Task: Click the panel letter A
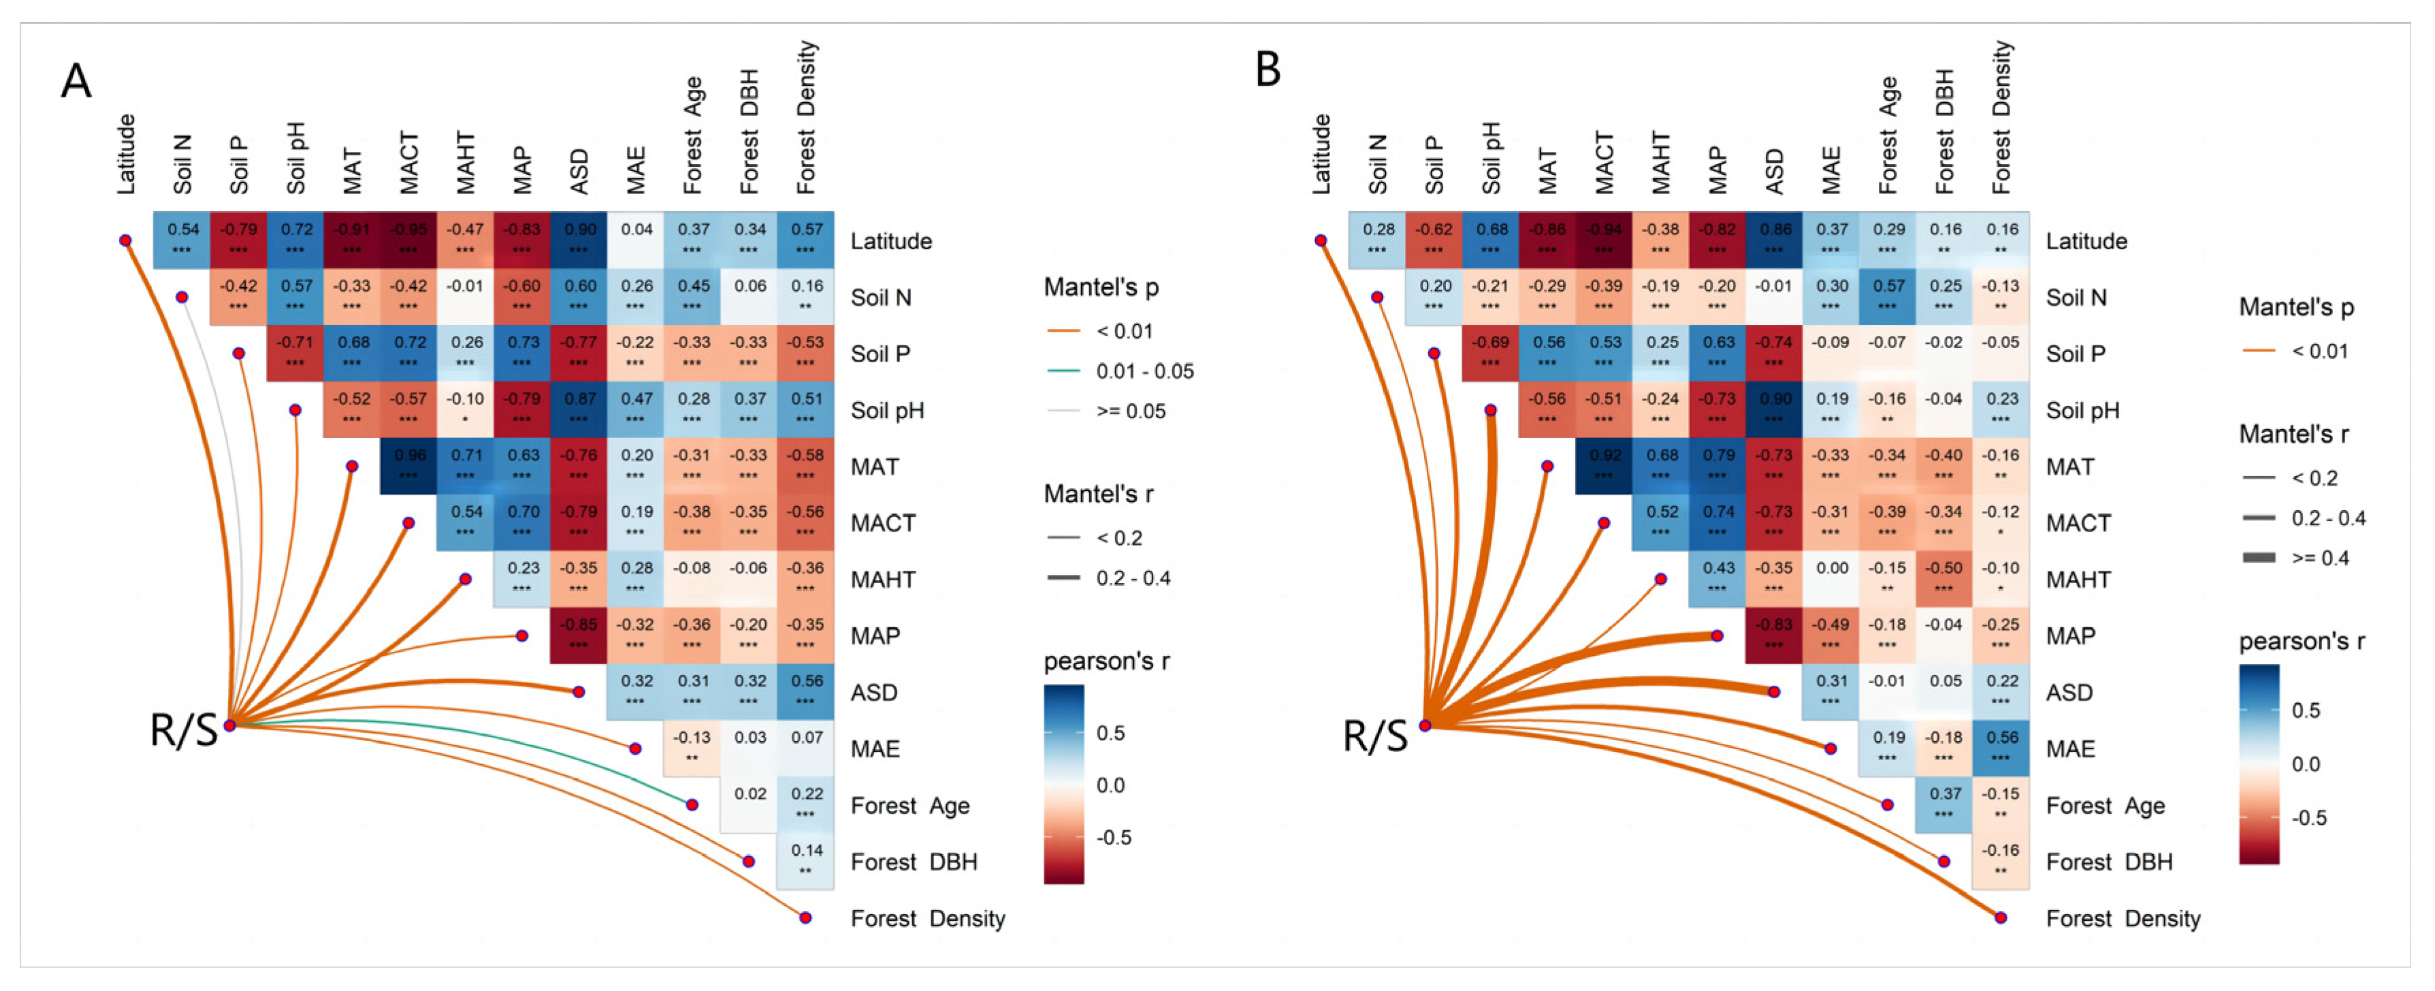pos(76,81)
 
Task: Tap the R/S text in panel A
pos(183,731)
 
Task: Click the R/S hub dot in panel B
pos(1425,725)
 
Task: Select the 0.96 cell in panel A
pos(408,465)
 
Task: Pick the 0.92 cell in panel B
pos(1603,465)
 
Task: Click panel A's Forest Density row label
pos(927,918)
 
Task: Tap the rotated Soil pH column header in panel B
pos(1491,158)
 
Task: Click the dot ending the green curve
pos(692,804)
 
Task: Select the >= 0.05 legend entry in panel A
pos(1131,411)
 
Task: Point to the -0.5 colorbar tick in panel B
pos(2308,818)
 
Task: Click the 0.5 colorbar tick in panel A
pos(1111,733)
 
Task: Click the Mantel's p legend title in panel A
pos(1100,287)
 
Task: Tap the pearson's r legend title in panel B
pos(2302,641)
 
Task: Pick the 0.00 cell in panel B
pos(1831,578)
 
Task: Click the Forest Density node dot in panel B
pos(2001,917)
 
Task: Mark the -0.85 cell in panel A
pos(579,635)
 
